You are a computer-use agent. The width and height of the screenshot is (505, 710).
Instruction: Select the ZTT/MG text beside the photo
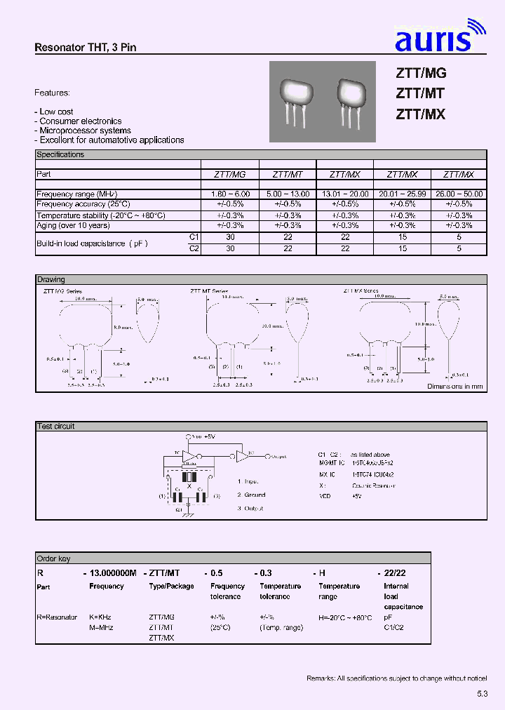[421, 73]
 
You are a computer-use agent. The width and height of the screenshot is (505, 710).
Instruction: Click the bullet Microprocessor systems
[85, 130]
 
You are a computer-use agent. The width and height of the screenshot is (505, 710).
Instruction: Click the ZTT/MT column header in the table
[288, 174]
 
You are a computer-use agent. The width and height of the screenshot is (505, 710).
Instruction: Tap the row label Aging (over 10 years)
[73, 226]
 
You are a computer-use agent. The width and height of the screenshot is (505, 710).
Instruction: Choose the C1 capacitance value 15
[402, 238]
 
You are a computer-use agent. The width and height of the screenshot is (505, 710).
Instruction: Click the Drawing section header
[50, 279]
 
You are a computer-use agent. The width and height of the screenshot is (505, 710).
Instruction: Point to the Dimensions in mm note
[455, 387]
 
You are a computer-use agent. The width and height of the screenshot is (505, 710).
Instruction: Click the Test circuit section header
[55, 426]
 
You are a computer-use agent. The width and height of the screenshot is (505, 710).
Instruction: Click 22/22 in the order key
[395, 572]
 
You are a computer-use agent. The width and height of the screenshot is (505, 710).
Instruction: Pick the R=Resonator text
[57, 617]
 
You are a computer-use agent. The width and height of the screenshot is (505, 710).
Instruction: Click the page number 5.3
[481, 693]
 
